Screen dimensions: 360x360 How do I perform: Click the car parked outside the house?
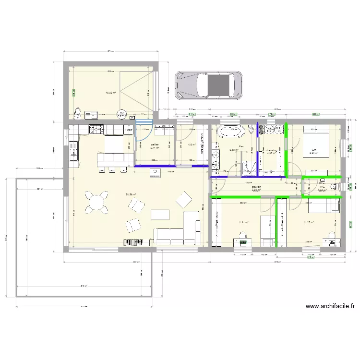point(208,86)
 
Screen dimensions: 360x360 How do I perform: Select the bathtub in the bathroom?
point(232,131)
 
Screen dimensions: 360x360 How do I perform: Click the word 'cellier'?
point(155,144)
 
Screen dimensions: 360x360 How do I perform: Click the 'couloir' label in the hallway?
point(256,187)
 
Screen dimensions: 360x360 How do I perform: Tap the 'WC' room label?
point(322,187)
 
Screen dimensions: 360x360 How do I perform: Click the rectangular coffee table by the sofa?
point(160,214)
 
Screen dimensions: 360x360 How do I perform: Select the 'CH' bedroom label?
point(313,150)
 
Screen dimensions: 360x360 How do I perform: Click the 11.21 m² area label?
point(243,222)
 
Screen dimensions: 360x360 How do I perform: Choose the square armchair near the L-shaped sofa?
point(184,200)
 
